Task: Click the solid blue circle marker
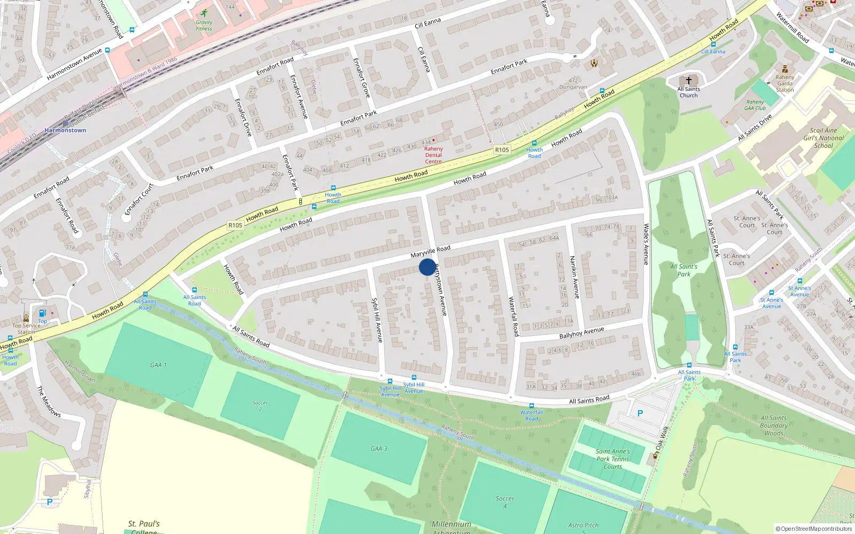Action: click(x=427, y=267)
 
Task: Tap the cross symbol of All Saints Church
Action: click(x=688, y=80)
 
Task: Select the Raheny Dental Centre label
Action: click(x=433, y=155)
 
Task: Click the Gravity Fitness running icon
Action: click(x=204, y=13)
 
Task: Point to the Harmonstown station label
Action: click(x=65, y=130)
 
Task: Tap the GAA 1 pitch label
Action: click(x=158, y=365)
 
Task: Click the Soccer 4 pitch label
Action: click(x=504, y=501)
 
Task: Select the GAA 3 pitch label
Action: click(x=379, y=449)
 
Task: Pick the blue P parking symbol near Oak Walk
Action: click(x=640, y=413)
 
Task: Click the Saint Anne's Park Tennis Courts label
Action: click(x=613, y=459)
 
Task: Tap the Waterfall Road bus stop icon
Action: click(x=531, y=406)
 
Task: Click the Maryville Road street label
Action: click(x=430, y=252)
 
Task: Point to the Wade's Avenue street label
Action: click(x=646, y=244)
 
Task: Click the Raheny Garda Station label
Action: click(x=785, y=83)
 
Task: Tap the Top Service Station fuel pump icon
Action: click(x=42, y=313)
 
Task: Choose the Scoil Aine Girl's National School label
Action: click(x=823, y=138)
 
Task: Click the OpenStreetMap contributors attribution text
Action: click(x=813, y=529)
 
